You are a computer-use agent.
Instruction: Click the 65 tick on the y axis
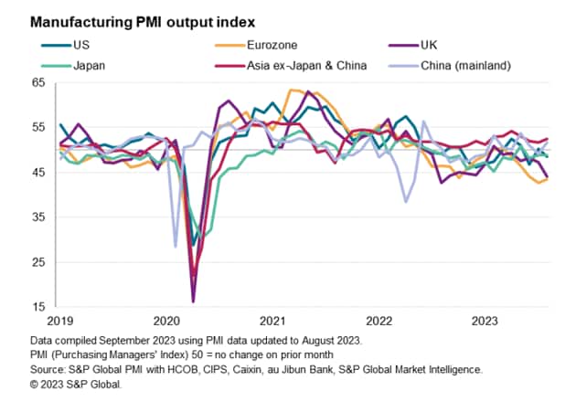tap(37, 83)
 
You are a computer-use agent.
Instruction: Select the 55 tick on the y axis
tap(37, 128)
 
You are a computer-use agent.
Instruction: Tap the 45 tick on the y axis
tap(37, 173)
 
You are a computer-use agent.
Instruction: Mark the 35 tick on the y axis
tap(37, 217)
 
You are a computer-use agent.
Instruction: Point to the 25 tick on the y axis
tap(37, 262)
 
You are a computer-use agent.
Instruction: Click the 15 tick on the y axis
tap(37, 307)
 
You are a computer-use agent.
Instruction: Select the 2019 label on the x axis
tap(60, 322)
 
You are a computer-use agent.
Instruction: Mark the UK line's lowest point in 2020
tap(193, 301)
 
